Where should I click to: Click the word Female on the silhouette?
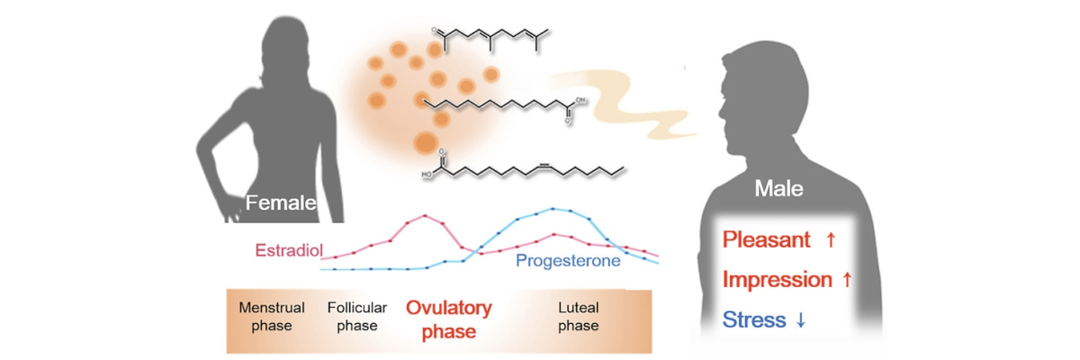pyautogui.click(x=281, y=202)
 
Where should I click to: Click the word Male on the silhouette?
pyautogui.click(x=778, y=188)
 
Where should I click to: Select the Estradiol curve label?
pyautogui.click(x=289, y=250)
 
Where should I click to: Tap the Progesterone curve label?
pyautogui.click(x=568, y=261)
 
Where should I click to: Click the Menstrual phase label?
pyautogui.click(x=272, y=316)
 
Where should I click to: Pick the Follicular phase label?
pyautogui.click(x=357, y=316)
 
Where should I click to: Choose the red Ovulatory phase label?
pyautogui.click(x=449, y=319)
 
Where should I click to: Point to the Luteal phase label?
pyautogui.click(x=579, y=316)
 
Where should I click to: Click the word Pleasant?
pyautogui.click(x=767, y=239)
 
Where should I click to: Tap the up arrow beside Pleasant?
pyautogui.click(x=831, y=239)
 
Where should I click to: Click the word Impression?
pyautogui.click(x=778, y=280)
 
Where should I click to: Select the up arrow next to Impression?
pyautogui.click(x=847, y=279)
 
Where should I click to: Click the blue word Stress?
pyautogui.click(x=754, y=319)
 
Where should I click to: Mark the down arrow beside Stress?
pyautogui.click(x=800, y=319)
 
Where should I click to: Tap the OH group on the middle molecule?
pyautogui.click(x=580, y=100)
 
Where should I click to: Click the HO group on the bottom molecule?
pyautogui.click(x=427, y=175)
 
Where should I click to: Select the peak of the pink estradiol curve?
pyautogui.click(x=425, y=215)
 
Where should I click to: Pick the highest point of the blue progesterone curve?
pyautogui.click(x=553, y=209)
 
